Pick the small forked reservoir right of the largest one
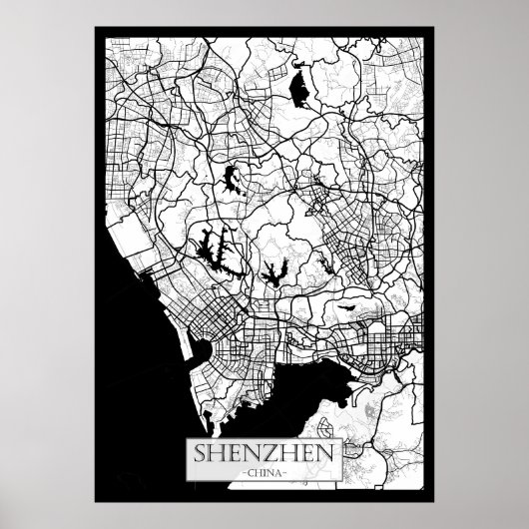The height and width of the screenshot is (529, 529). click(x=272, y=270)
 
